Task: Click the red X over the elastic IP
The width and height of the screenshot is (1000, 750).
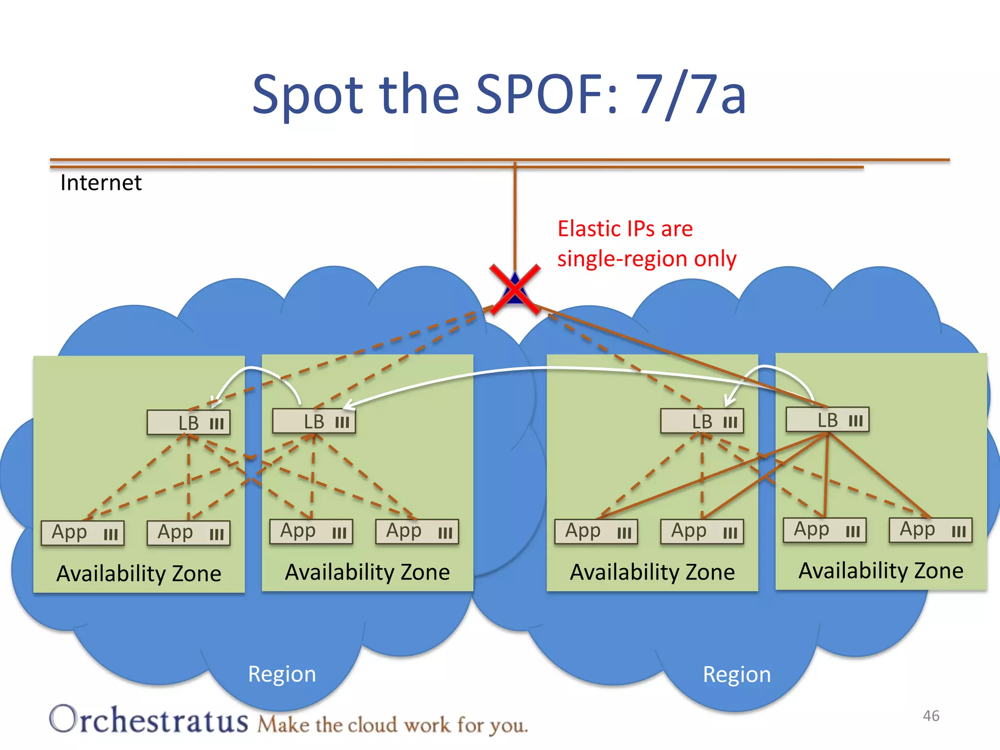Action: (x=515, y=290)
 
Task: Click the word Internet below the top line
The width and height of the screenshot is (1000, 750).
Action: (x=101, y=183)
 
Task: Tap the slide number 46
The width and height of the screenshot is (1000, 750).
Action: (x=931, y=716)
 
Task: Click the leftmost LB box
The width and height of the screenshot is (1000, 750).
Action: (x=188, y=423)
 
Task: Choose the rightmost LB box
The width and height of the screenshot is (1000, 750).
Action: (x=827, y=420)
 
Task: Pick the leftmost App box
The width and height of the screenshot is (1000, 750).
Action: (x=83, y=533)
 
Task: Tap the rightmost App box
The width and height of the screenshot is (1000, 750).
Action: (x=930, y=530)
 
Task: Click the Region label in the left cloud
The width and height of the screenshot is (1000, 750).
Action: (x=282, y=674)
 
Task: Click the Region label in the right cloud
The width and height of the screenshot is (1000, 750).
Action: (x=736, y=675)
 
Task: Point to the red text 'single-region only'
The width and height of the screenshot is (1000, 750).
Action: (x=646, y=259)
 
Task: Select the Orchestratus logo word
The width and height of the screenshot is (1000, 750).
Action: (x=148, y=720)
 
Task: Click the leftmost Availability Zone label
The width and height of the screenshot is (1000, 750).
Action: (x=139, y=573)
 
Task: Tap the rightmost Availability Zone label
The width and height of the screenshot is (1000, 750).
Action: (x=881, y=571)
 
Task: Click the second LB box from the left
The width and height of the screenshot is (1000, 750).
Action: (x=314, y=421)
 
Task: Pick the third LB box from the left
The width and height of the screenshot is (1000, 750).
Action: (x=702, y=421)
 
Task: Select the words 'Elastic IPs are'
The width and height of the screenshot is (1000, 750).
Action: (x=625, y=229)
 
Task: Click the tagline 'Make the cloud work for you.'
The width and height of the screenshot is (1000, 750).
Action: (x=393, y=725)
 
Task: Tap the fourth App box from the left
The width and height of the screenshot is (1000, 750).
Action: (x=417, y=532)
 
